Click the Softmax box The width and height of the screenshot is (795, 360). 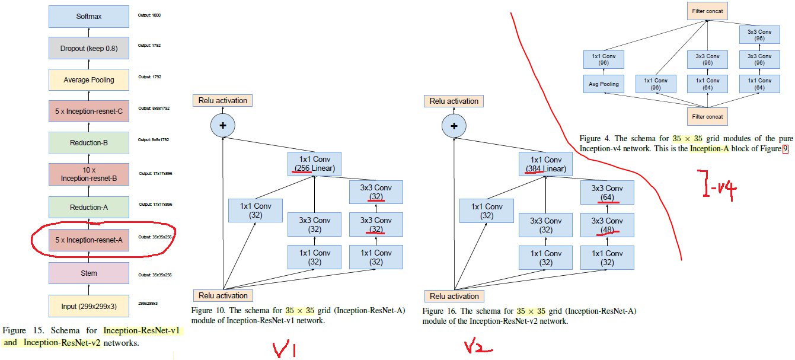[88, 17]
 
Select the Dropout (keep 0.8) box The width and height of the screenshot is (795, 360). [88, 48]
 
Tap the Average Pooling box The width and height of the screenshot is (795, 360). [88, 79]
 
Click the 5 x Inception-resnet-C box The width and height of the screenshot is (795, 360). [88, 111]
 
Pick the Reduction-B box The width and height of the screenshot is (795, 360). [88, 143]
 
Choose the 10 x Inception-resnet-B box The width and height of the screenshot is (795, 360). [88, 174]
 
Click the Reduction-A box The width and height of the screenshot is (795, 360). [88, 207]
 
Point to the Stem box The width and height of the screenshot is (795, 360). [88, 273]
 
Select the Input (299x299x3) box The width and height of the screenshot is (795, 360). [88, 306]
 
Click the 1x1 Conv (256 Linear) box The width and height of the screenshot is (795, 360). [314, 164]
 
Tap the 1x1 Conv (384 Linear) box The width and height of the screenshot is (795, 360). [545, 164]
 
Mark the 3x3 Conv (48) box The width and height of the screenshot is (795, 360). [607, 225]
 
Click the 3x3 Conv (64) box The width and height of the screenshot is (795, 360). [607, 193]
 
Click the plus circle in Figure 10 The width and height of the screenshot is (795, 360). [223, 125]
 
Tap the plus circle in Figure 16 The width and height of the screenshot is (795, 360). [454, 126]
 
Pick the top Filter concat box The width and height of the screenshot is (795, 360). [707, 11]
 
